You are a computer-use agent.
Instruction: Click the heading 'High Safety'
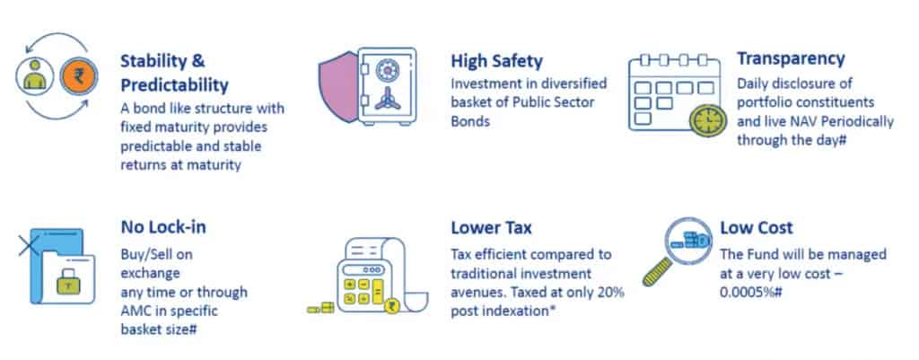point(496,61)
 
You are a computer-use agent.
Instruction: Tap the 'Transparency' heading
point(791,59)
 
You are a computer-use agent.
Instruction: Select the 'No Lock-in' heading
point(163,227)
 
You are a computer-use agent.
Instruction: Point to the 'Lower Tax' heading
point(491,227)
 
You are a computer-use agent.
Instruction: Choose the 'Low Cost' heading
point(756,227)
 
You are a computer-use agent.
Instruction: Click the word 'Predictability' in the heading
point(175,86)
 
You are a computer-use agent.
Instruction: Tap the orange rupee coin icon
point(79,76)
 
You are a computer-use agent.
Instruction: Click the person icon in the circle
point(35,75)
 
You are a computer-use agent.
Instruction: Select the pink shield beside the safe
point(338,87)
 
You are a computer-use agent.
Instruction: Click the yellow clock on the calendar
point(707,121)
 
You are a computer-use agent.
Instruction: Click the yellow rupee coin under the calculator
point(392,304)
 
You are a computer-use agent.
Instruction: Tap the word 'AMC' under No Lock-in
point(136,311)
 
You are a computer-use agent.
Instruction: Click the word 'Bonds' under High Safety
point(470,122)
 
